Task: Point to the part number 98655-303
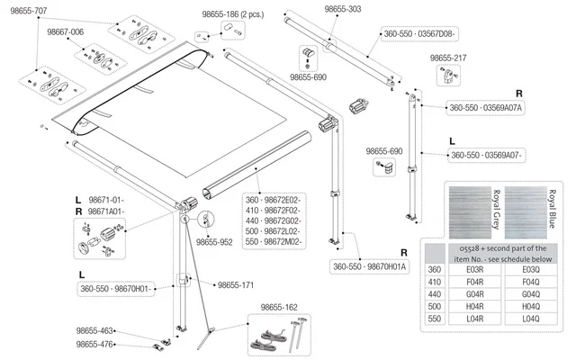(x=343, y=7)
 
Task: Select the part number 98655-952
(x=214, y=241)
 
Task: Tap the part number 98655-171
(x=236, y=284)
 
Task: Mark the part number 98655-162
(x=278, y=308)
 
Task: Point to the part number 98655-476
(x=94, y=345)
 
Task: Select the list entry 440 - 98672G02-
(x=275, y=220)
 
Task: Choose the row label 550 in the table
(x=436, y=319)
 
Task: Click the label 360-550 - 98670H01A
(x=370, y=266)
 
